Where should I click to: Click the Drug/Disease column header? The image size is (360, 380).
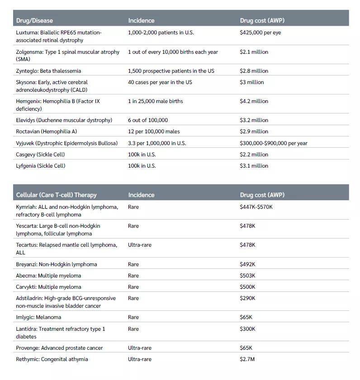coord(34,20)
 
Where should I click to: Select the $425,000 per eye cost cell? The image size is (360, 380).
coord(260,33)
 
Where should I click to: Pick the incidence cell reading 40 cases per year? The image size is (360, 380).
coord(160,82)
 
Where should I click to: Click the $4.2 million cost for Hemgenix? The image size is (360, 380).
coord(254,101)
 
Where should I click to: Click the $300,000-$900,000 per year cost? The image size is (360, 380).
coord(273,143)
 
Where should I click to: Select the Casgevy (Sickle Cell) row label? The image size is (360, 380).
coord(40,155)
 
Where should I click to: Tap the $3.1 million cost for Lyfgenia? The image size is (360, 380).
coord(254,166)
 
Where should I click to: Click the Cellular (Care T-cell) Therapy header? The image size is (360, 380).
coord(56,195)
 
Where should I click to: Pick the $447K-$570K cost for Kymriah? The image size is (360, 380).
coord(256,207)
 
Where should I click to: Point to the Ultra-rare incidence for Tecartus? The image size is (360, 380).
coord(140,245)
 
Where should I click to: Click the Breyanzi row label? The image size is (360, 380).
coord(56,264)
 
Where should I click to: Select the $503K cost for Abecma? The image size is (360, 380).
coord(247,276)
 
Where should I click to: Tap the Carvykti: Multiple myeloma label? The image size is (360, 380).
coord(48,287)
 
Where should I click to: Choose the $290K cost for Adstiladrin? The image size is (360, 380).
coord(247,298)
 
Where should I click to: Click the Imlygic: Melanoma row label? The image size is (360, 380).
coord(38,317)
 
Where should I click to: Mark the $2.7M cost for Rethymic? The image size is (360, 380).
coord(247,359)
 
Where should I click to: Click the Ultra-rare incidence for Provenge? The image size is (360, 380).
coord(140,348)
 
